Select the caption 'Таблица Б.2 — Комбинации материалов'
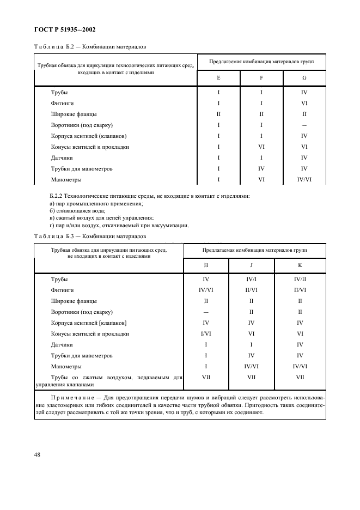90,47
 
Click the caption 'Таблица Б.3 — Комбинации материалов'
90,236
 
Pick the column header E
218,78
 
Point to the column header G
304,78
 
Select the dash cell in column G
304,125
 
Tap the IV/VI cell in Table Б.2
304,179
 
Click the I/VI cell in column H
206,333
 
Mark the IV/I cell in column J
251,279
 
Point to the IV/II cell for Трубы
300,279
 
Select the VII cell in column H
206,377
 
